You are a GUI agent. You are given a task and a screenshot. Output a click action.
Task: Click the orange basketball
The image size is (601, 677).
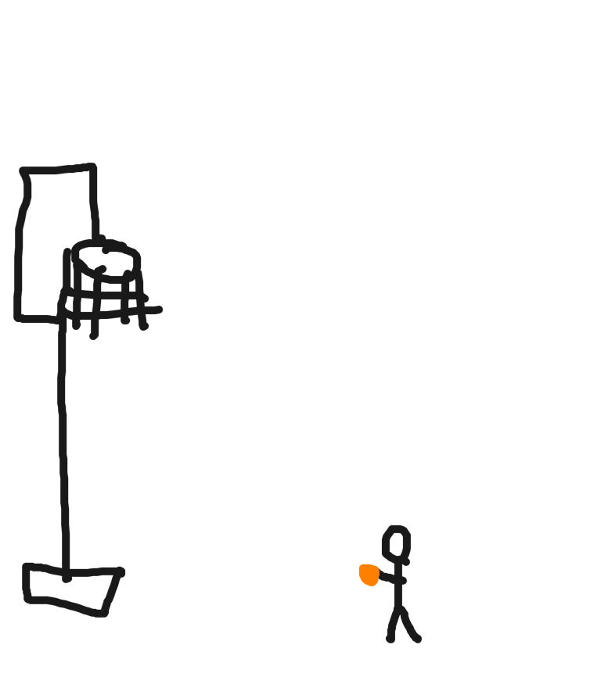pyautogui.click(x=369, y=575)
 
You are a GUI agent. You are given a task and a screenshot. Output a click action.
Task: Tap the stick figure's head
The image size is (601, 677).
pyautogui.click(x=396, y=543)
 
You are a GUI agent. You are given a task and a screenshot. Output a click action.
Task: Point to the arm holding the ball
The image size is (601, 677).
pyautogui.click(x=390, y=578)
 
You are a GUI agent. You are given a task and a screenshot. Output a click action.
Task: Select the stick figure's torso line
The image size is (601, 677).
pyautogui.click(x=399, y=586)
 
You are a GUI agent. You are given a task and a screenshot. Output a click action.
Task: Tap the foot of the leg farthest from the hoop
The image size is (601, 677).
pyautogui.click(x=417, y=639)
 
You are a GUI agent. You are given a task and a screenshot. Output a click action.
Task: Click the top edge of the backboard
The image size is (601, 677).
pyautogui.click(x=59, y=168)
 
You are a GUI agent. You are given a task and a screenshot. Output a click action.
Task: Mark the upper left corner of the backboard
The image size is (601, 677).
pyautogui.click(x=23, y=170)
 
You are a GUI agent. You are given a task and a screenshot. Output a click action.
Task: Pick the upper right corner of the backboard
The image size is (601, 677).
pyautogui.click(x=94, y=167)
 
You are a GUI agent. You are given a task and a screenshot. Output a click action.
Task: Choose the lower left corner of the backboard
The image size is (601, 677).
pyautogui.click(x=17, y=318)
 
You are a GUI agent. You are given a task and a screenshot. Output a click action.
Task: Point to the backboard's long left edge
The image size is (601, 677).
pyautogui.click(x=18, y=250)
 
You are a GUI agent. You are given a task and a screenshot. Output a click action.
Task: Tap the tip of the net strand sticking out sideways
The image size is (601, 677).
pyautogui.click(x=160, y=310)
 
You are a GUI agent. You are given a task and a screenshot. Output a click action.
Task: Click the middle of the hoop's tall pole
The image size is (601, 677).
pyautogui.click(x=63, y=446)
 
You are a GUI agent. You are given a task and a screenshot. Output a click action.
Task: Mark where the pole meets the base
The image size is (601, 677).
pyautogui.click(x=67, y=577)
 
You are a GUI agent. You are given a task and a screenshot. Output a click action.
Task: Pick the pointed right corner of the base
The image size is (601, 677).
pyautogui.click(x=121, y=572)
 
